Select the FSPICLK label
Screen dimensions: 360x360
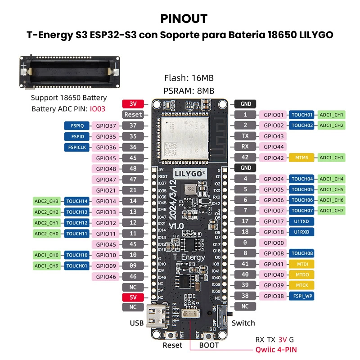pos(77,147)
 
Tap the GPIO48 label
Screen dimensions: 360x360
pos(106,169)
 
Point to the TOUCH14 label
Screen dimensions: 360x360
pos(77,201)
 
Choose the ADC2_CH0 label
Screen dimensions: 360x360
pos(47,234)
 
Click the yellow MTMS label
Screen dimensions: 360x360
pos(301,158)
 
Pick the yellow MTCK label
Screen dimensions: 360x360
pos(301,285)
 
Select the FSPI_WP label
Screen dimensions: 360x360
pos(301,296)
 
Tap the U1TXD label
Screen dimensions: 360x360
pos(301,221)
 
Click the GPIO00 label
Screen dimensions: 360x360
pos(274,243)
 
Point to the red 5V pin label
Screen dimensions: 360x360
pos(133,297)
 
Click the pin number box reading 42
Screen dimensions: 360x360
pos(245,158)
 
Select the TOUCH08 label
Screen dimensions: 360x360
pos(301,253)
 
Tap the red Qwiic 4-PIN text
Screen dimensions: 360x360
pos(276,349)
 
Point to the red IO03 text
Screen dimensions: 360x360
pos(97,109)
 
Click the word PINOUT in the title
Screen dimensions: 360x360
pos(184,19)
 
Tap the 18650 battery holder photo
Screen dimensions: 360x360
pos(70,72)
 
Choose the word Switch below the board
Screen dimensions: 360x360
pos(243,323)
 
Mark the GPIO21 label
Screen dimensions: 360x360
pos(106,190)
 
